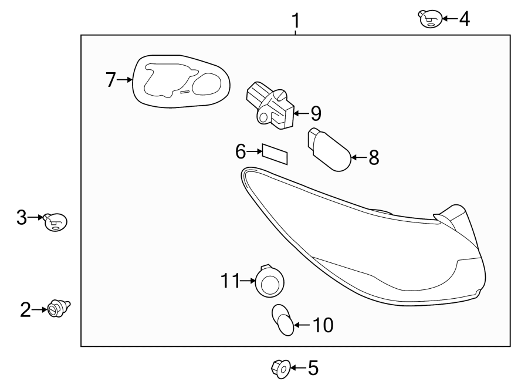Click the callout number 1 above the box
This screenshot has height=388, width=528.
(x=296, y=22)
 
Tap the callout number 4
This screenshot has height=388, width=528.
(x=464, y=19)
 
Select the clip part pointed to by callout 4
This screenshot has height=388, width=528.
(x=429, y=19)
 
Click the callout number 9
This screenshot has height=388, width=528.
(x=316, y=113)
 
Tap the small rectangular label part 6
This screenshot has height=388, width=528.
(x=275, y=153)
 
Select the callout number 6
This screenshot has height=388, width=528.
(x=241, y=151)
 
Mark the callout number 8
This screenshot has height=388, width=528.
(x=374, y=157)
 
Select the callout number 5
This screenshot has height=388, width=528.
(x=313, y=368)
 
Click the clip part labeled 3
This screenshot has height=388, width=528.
(x=56, y=222)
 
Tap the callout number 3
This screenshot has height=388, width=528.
(x=22, y=218)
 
